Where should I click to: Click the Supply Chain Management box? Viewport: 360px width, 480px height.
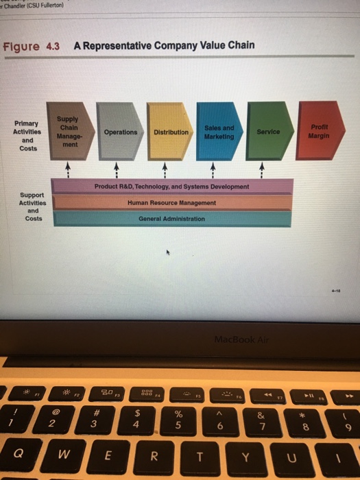(x=68, y=131)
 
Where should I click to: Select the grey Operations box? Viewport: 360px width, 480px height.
(x=120, y=132)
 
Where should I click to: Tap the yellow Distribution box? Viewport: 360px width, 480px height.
(x=171, y=132)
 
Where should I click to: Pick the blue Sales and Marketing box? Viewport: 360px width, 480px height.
(x=219, y=132)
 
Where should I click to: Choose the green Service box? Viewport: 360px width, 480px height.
(x=269, y=132)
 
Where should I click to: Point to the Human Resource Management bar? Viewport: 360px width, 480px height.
(x=171, y=203)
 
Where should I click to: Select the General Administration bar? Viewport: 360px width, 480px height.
(x=171, y=219)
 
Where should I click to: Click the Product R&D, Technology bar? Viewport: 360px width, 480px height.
(x=171, y=187)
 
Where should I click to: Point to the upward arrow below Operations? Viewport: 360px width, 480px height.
(x=116, y=167)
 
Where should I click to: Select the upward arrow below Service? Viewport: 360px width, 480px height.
(x=261, y=167)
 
